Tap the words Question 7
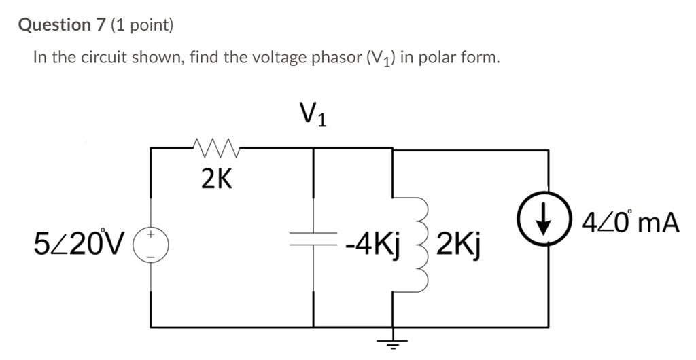[x=63, y=25]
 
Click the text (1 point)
[x=143, y=25]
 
